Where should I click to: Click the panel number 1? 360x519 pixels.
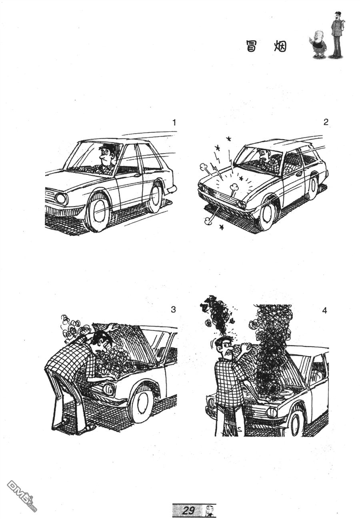[174, 122]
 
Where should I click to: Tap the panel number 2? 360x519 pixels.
[326, 122]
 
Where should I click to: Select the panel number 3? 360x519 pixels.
[173, 309]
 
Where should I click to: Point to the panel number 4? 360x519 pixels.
[324, 310]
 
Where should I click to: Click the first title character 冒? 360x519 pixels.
[251, 46]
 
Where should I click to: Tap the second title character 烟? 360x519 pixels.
[280, 46]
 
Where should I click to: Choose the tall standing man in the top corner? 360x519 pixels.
[336, 35]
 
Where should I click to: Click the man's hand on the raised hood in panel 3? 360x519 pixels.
[113, 327]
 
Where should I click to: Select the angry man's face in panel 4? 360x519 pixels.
[225, 347]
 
